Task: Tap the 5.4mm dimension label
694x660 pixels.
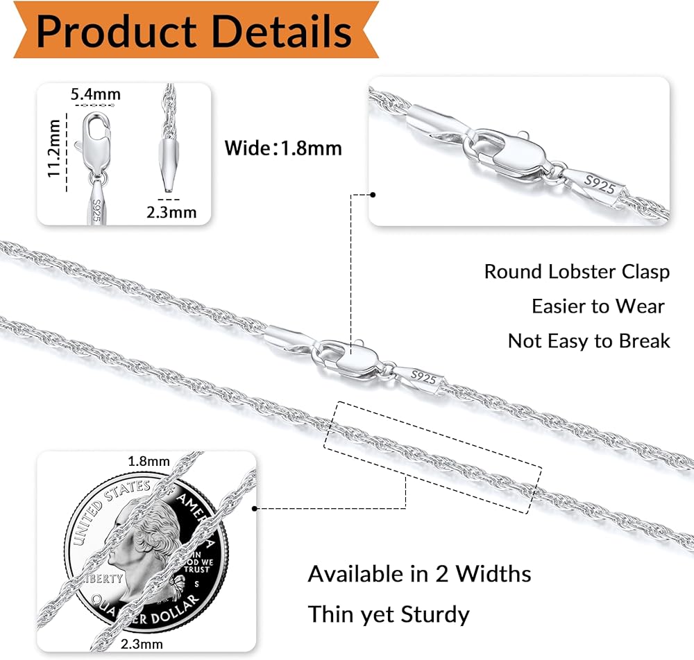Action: coord(96,94)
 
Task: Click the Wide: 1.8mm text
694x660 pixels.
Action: coord(283,148)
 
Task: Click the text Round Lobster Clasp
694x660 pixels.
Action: coord(577,271)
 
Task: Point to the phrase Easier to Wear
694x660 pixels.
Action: coord(598,306)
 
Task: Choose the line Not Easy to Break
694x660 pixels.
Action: coord(589,340)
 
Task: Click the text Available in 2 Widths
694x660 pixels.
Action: coord(419,574)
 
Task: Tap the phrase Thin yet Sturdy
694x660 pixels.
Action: coord(389,614)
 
